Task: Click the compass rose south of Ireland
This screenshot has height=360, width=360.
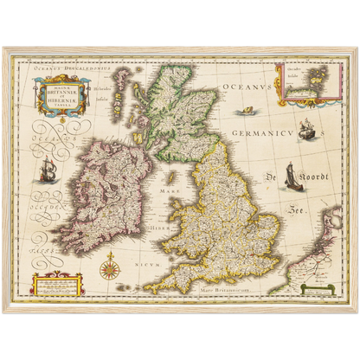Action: [x=110, y=269]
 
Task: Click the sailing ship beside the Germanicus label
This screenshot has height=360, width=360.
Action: [x=305, y=130]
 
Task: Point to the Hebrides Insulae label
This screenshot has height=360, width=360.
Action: [x=102, y=93]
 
